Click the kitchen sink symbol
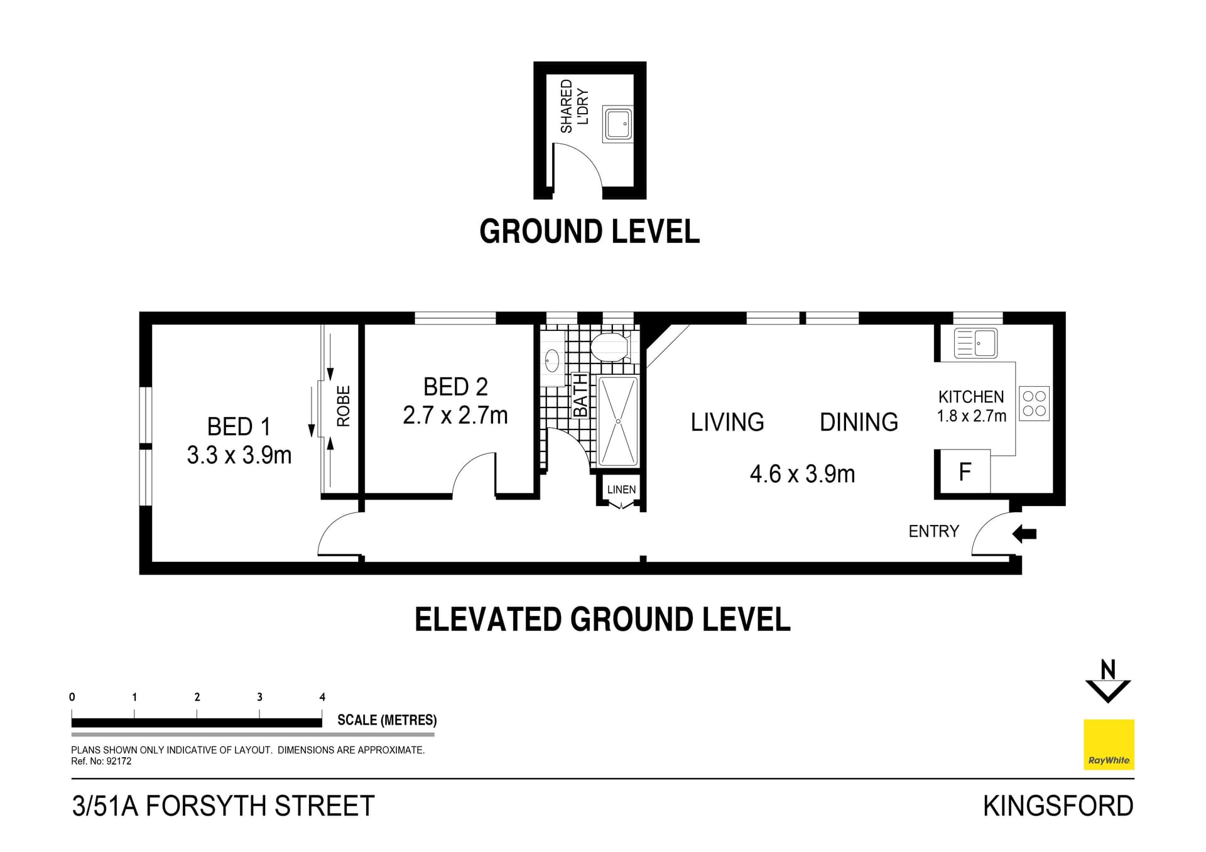pyautogui.click(x=975, y=343)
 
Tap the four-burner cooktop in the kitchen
pyautogui.click(x=1034, y=404)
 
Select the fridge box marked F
pyautogui.click(x=964, y=472)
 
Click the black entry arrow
pyautogui.click(x=1024, y=534)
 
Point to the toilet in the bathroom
pyautogui.click(x=610, y=347)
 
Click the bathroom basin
pyautogui.click(x=552, y=361)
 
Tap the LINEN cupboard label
pyautogui.click(x=621, y=490)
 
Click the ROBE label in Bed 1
pyautogui.click(x=344, y=406)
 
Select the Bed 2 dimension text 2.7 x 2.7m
pyautogui.click(x=455, y=416)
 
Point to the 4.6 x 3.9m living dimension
pyautogui.click(x=802, y=474)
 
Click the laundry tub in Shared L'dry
pyautogui.click(x=617, y=124)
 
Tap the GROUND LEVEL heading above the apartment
pyautogui.click(x=589, y=232)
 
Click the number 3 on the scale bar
pyautogui.click(x=259, y=697)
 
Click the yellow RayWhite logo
pyautogui.click(x=1109, y=744)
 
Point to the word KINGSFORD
pyautogui.click(x=1058, y=806)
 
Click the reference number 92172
pyautogui.click(x=119, y=762)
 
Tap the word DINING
pyautogui.click(x=859, y=423)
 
